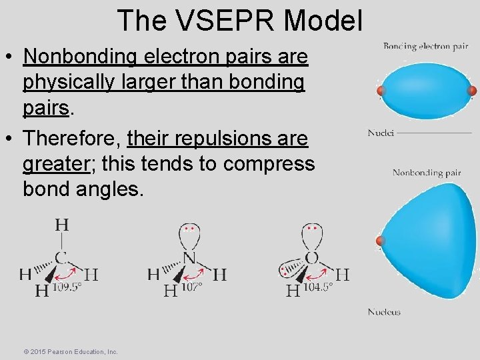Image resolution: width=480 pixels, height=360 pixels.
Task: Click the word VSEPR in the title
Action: click(x=226, y=21)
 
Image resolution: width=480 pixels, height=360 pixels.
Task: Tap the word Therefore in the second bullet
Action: click(x=71, y=139)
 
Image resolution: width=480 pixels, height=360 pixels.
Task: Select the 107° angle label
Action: click(x=191, y=287)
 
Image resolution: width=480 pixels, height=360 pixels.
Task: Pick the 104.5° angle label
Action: click(x=317, y=287)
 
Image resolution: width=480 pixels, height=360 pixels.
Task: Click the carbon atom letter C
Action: click(x=61, y=257)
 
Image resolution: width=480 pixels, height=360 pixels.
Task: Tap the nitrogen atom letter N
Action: click(x=189, y=257)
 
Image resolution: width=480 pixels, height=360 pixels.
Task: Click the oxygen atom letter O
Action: click(x=311, y=257)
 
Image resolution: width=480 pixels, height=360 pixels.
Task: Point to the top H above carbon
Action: click(x=61, y=225)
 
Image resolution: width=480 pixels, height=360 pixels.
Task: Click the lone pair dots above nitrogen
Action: click(x=189, y=228)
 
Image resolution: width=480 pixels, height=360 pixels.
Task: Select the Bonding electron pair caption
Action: click(x=425, y=47)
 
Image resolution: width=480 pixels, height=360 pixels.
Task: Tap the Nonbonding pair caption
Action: click(x=427, y=173)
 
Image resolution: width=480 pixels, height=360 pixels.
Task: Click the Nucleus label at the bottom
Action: click(x=384, y=312)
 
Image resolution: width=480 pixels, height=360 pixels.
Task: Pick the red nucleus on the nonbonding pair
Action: click(x=381, y=240)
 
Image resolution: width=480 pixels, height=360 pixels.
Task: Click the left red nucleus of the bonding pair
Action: click(x=381, y=91)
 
